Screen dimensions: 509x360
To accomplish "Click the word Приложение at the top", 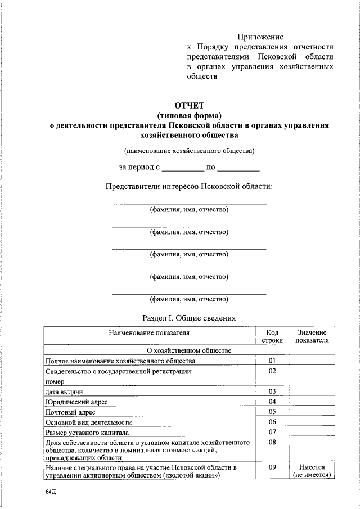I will pos(260,37).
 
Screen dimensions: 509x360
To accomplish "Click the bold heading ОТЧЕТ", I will pos(189,105).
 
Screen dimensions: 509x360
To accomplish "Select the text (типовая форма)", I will pos(189,115).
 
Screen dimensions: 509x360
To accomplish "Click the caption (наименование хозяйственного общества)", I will pos(189,151).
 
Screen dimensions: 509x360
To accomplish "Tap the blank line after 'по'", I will pos(238,168).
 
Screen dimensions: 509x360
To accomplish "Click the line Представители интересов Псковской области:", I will pos(189,186).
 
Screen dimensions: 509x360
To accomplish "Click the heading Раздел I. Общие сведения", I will pos(189,318).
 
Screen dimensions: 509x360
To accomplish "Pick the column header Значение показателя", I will pos(313,337).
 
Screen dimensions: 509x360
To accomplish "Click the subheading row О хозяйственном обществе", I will pos(189,350).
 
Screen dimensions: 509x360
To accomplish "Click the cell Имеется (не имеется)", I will pos(313,471).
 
